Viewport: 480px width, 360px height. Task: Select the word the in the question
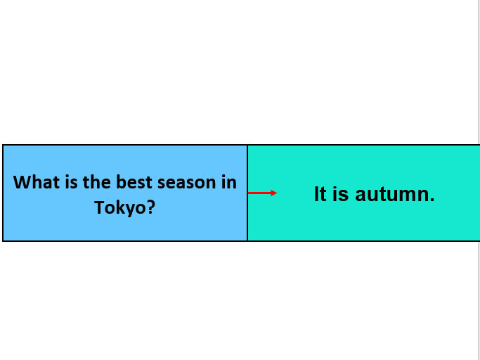click(x=97, y=182)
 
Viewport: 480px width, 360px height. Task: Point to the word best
click(x=134, y=182)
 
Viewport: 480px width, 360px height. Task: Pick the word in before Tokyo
click(x=228, y=182)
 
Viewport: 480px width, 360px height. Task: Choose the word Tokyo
click(x=119, y=207)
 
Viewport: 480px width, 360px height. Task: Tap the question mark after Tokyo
click(x=150, y=207)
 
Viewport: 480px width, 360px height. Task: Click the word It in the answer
click(x=320, y=194)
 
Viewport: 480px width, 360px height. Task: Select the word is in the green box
click(x=340, y=194)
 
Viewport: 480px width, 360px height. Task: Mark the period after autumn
click(x=432, y=199)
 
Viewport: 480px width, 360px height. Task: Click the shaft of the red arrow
click(x=259, y=193)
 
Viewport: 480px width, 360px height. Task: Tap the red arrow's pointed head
click(x=274, y=193)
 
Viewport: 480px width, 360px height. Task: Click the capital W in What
click(x=22, y=182)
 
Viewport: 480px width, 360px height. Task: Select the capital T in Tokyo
click(x=100, y=207)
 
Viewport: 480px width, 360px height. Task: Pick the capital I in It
click(x=316, y=194)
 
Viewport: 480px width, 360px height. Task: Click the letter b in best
click(x=121, y=181)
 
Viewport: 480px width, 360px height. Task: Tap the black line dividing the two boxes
click(x=247, y=193)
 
